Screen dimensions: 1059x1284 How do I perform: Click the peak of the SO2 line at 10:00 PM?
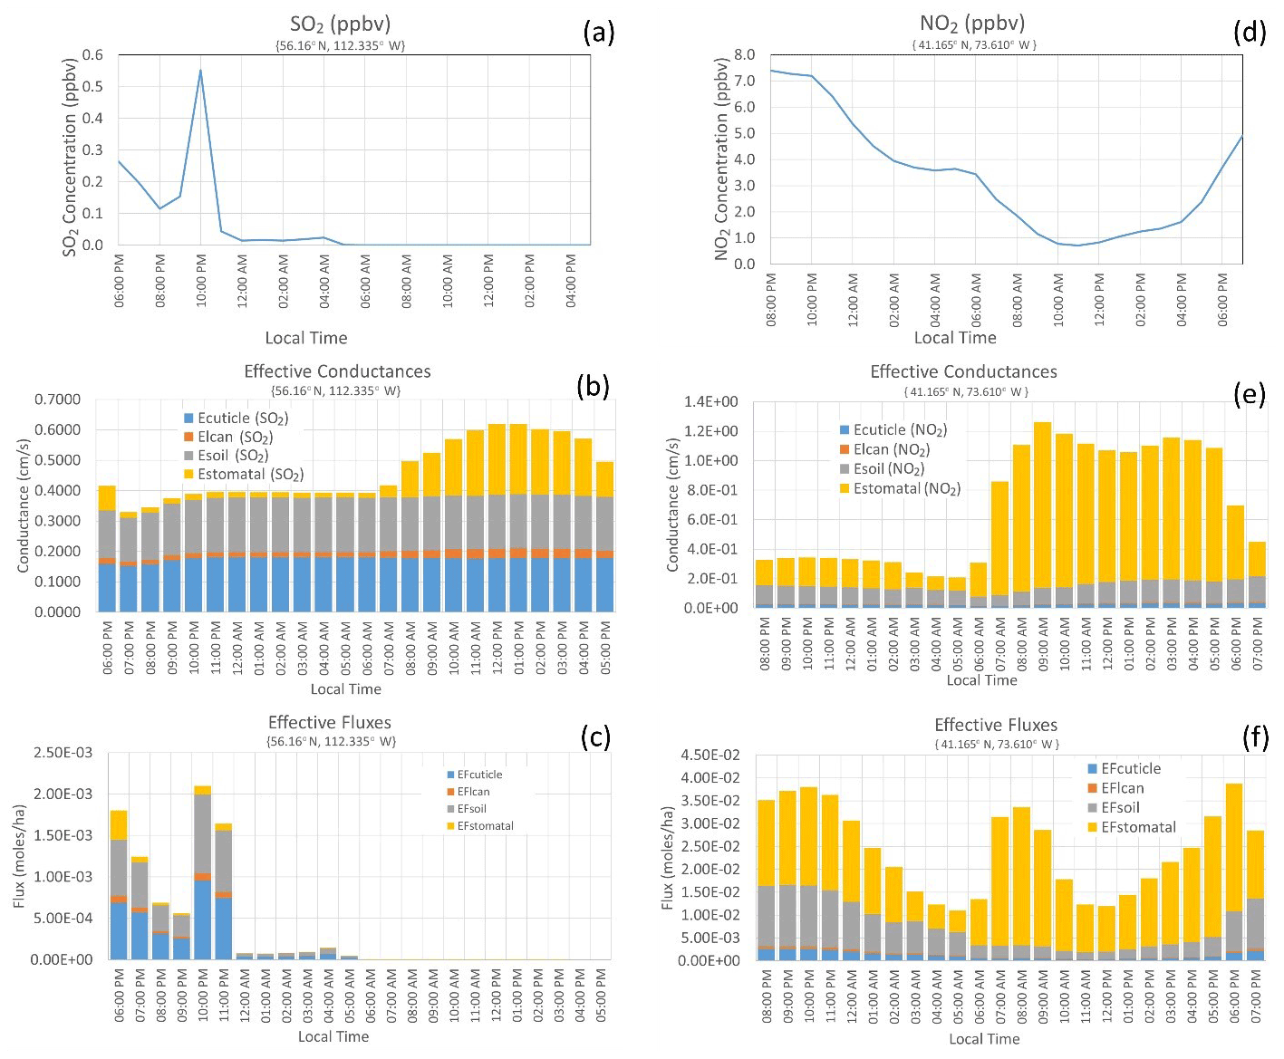pyautogui.click(x=200, y=71)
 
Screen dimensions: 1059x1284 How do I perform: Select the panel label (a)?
pyautogui.click(x=599, y=33)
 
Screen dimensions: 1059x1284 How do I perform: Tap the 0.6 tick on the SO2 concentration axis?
pyautogui.click(x=93, y=54)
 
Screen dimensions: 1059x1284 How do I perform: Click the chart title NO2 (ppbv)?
pyautogui.click(x=972, y=23)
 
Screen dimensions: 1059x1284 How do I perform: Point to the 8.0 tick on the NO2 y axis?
pyautogui.click(x=744, y=54)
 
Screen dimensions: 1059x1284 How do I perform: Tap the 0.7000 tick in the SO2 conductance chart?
pyautogui.click(x=57, y=400)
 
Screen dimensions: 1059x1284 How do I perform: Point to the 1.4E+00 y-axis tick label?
pyautogui.click(x=710, y=401)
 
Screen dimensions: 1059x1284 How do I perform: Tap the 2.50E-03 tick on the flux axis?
pyautogui.click(x=63, y=753)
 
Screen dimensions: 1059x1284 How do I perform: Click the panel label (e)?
pyautogui.click(x=1249, y=393)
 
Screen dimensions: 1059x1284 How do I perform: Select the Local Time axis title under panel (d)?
pyautogui.click(x=954, y=337)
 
